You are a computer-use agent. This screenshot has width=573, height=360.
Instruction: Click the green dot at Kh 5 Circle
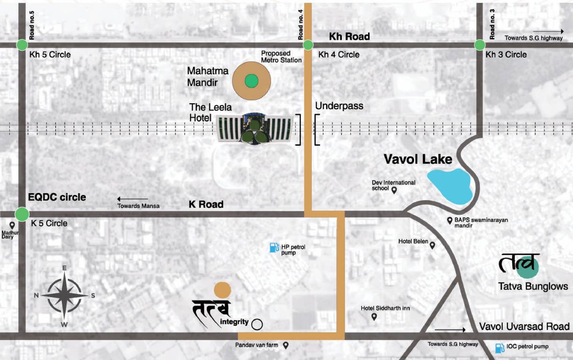(x=22, y=45)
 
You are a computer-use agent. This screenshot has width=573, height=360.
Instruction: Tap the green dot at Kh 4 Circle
(x=308, y=45)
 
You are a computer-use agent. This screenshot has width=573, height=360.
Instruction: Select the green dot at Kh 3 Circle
(x=480, y=45)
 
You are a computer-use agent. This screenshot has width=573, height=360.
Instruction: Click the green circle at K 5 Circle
(x=22, y=214)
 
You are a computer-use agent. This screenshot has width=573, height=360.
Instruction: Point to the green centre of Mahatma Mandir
(x=251, y=81)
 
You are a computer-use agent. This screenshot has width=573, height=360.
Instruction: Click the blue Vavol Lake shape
(x=450, y=185)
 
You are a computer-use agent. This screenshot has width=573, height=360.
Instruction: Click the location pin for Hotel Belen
(x=432, y=245)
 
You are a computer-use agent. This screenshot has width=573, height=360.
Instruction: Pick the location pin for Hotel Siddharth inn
(x=374, y=317)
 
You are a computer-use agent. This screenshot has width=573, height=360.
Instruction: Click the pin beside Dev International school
(x=394, y=190)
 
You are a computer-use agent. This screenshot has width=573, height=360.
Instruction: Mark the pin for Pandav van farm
(x=285, y=345)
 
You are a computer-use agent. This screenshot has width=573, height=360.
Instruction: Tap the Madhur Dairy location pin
(x=12, y=225)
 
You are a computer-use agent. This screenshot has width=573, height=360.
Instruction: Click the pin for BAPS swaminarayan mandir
(x=449, y=220)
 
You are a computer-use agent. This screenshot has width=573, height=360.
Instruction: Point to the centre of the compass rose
(x=65, y=295)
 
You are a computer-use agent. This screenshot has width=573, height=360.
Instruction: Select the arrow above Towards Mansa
(x=133, y=199)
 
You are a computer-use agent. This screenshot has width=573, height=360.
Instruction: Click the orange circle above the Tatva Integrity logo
(x=222, y=290)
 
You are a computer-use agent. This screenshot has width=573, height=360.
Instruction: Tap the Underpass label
(x=339, y=106)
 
